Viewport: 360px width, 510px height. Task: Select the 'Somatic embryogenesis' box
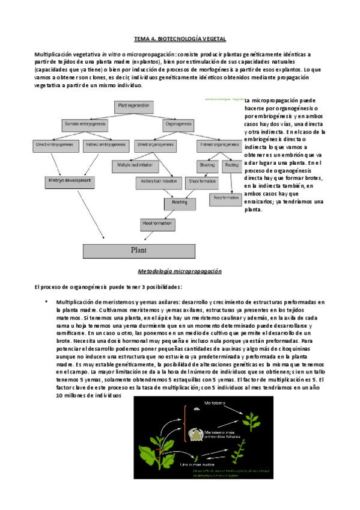point(85,124)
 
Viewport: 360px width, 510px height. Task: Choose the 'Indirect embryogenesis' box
point(106,144)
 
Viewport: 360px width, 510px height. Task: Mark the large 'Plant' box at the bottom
point(139,249)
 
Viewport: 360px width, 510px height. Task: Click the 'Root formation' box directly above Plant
point(158,224)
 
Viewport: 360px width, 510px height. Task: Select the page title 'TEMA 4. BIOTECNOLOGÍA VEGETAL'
point(180,38)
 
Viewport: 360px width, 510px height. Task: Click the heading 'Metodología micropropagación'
point(180,271)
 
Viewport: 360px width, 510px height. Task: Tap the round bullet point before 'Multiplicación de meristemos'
point(47,301)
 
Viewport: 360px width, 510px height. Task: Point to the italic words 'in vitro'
point(111,55)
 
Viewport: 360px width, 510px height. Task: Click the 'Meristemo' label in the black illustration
point(214,402)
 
